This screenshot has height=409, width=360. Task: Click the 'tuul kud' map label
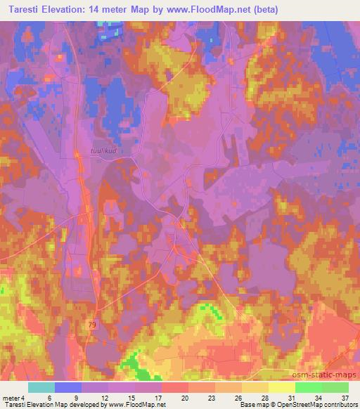103,150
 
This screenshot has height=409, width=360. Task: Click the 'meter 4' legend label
13,397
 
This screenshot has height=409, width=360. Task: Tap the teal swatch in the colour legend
41,387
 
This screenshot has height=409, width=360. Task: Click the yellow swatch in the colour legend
281,387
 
